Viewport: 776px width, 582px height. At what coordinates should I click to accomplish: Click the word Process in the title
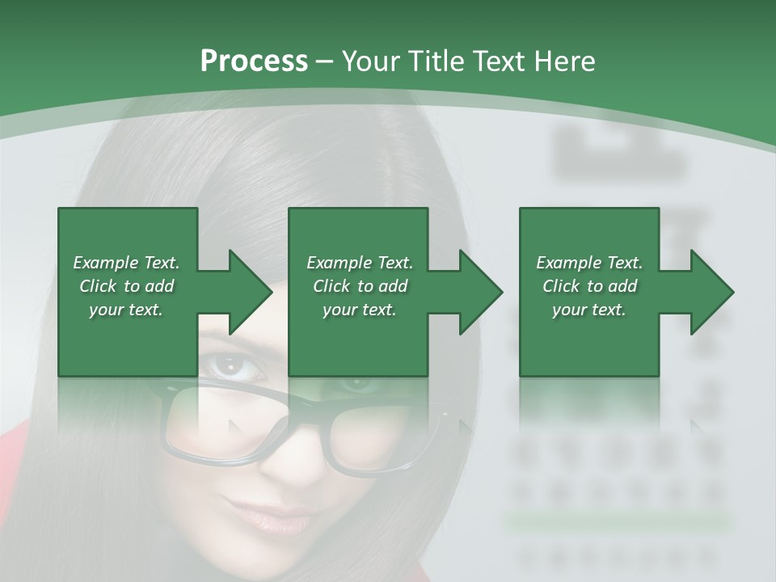coord(254,61)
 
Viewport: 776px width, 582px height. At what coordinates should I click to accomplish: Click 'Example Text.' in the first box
coord(126,263)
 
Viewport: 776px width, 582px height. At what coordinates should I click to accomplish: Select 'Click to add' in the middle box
coord(360,286)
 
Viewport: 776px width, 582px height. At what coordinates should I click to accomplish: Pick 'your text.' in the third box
coord(589,310)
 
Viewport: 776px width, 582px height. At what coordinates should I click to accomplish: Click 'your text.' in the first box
coord(126,310)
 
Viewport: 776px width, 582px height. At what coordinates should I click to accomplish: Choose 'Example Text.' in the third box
coord(589,263)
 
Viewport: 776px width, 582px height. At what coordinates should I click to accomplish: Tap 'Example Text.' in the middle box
coord(360,263)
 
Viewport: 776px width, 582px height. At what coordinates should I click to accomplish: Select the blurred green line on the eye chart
coord(618,521)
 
